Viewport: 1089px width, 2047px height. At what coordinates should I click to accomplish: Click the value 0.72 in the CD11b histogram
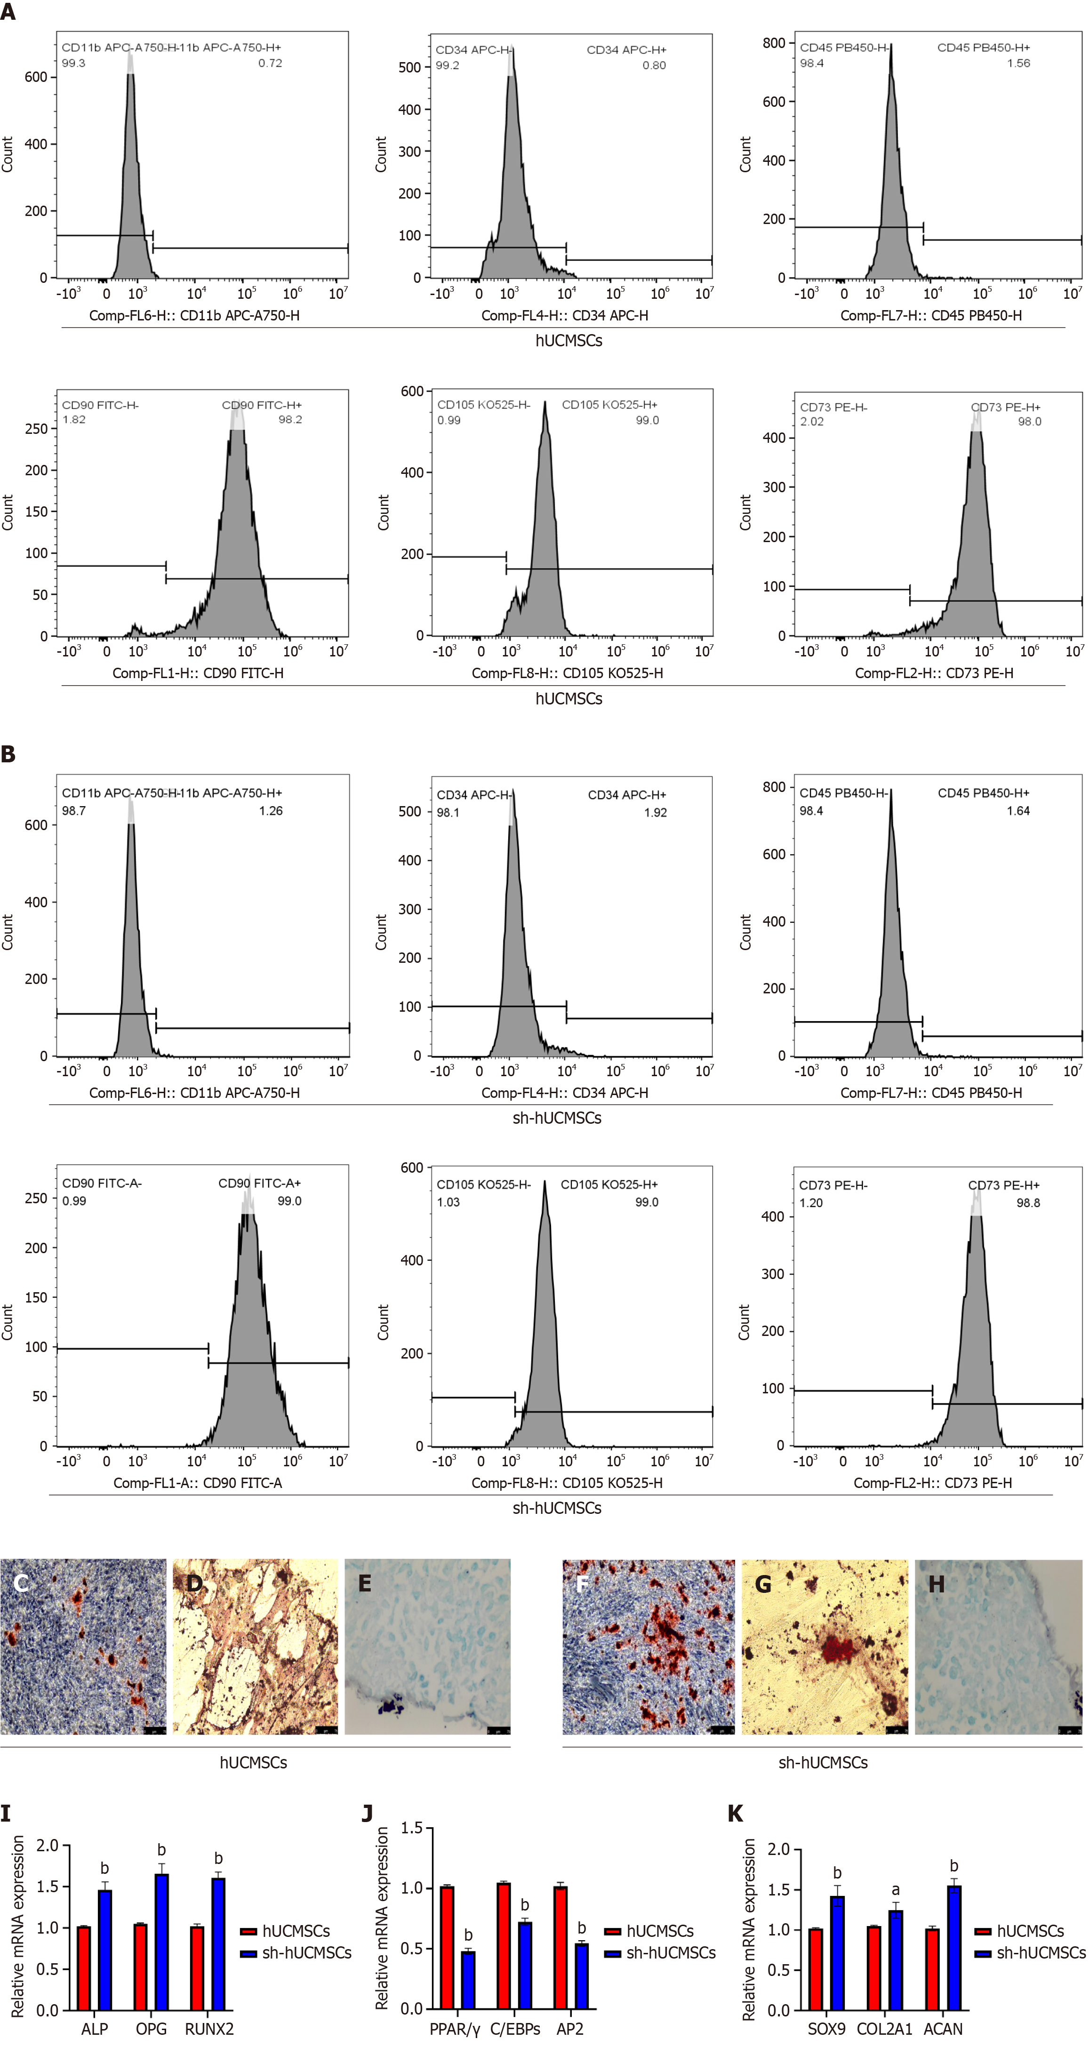click(270, 63)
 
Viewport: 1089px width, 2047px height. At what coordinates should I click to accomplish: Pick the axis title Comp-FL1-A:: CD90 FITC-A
click(197, 1483)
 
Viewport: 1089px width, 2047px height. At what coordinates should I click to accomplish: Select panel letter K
click(735, 1814)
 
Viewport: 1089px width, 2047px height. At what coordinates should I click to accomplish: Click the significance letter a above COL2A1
click(896, 1890)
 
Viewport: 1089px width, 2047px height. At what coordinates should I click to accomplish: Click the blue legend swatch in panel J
click(612, 1953)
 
